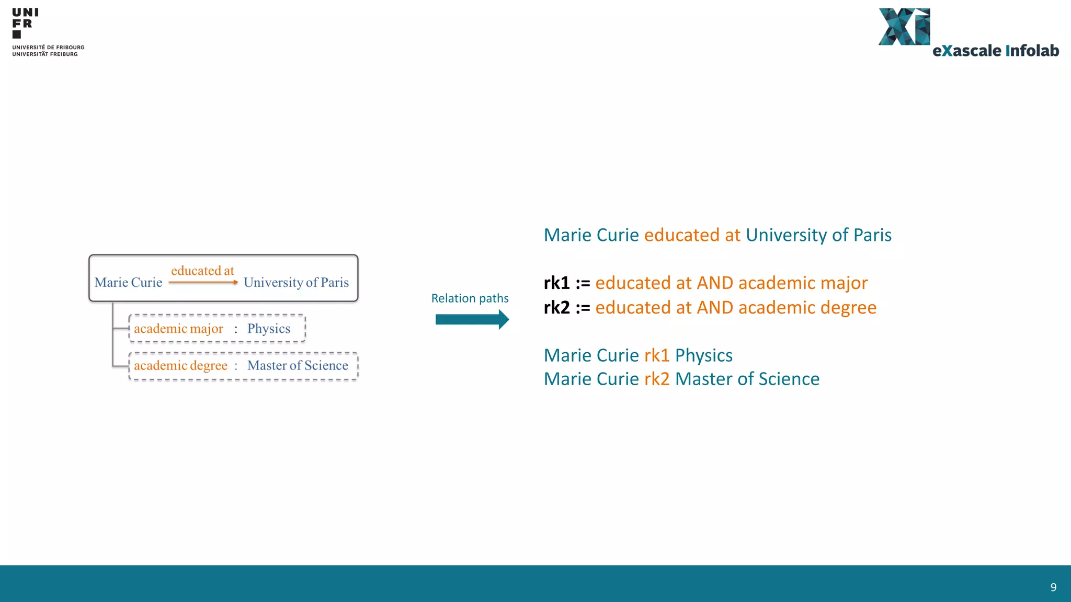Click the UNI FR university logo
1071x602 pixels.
(x=25, y=24)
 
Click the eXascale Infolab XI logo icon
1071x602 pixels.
(x=904, y=27)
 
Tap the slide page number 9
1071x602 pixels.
(x=1053, y=587)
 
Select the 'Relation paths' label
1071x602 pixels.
(x=470, y=298)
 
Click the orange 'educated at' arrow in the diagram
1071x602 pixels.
(x=203, y=282)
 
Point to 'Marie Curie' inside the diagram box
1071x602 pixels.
(x=128, y=283)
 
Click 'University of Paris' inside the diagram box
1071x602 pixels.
(x=296, y=283)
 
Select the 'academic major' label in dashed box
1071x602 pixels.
(x=178, y=329)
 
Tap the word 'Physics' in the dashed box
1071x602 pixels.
(x=269, y=329)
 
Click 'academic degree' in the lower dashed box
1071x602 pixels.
(x=180, y=366)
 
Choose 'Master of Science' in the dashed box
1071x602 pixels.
(x=298, y=366)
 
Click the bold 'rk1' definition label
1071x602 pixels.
(x=556, y=283)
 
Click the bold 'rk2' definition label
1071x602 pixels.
(x=556, y=308)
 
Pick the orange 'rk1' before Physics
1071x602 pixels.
(x=657, y=355)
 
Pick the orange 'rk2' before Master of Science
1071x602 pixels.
(x=657, y=379)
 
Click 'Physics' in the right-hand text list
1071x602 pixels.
(x=703, y=355)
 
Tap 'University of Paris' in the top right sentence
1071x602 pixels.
(x=818, y=235)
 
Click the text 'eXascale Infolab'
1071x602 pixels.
(x=996, y=51)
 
